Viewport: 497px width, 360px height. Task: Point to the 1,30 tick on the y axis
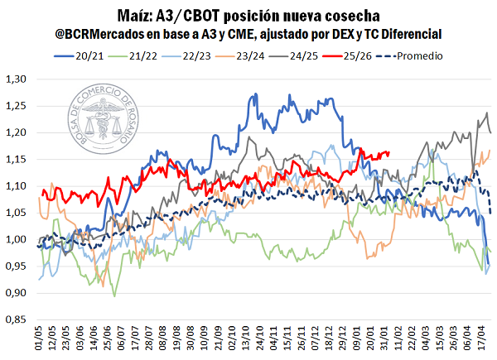pos(16,79)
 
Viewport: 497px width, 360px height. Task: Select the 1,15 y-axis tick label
pos(16,160)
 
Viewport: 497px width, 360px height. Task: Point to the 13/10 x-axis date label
pos(247,340)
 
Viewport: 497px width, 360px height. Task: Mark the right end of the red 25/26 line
pos(390,152)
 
